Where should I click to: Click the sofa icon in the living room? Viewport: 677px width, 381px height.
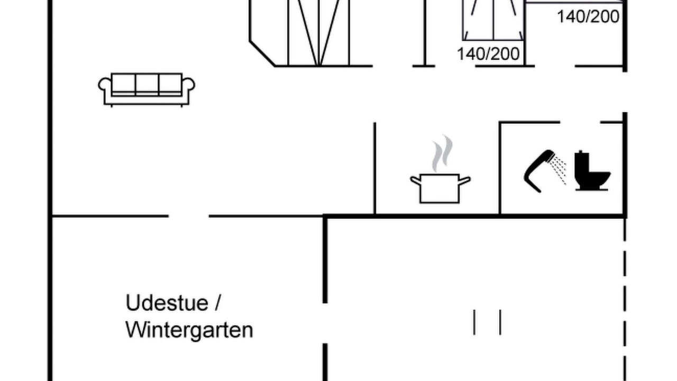[x=147, y=90]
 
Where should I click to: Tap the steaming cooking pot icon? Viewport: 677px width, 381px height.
[x=440, y=169]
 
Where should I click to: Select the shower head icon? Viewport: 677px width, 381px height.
[x=539, y=171]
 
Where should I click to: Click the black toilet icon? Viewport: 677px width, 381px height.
[x=592, y=170]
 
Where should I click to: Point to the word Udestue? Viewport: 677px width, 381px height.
[x=167, y=303]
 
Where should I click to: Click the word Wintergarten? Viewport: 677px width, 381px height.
[x=189, y=330]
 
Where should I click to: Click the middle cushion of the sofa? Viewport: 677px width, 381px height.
[x=147, y=84]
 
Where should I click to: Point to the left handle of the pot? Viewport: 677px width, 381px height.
[x=416, y=180]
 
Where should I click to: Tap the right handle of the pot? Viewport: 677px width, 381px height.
[x=465, y=180]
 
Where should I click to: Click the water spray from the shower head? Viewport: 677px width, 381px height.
[x=558, y=169]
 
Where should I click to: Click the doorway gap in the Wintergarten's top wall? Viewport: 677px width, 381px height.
[x=189, y=216]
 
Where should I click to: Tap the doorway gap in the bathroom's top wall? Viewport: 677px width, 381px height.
[x=580, y=122]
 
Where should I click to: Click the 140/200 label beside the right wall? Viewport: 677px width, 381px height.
[x=588, y=16]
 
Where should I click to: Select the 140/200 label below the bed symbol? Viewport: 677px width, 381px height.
[x=488, y=54]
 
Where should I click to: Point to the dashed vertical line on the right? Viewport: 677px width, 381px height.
[x=625, y=300]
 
